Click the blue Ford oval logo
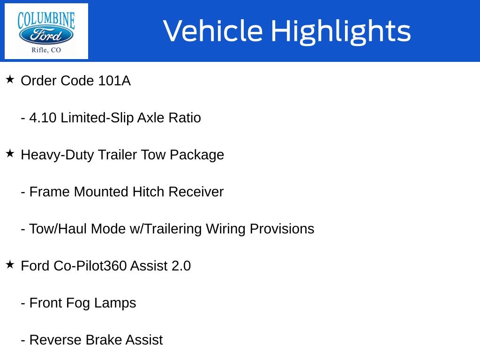[46, 36]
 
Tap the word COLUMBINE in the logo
[46, 20]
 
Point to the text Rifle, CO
[46, 50]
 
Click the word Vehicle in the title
[213, 30]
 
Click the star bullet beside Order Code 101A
[10, 79]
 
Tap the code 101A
[114, 81]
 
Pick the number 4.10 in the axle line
[43, 118]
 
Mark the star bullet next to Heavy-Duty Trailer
[10, 153]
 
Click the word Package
[197, 155]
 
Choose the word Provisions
[282, 229]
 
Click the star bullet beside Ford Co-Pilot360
[10, 264]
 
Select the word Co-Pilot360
[90, 266]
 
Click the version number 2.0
[181, 266]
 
